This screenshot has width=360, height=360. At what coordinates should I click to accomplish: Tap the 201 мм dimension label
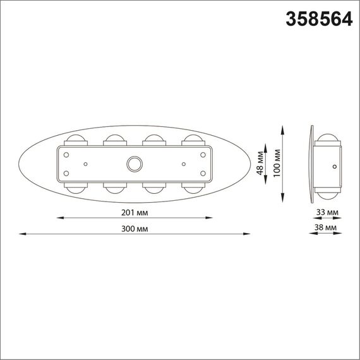coord(135,212)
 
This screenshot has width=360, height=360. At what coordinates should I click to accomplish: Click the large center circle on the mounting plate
coord(134,164)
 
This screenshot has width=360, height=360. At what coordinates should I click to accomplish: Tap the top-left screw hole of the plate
coord(66,153)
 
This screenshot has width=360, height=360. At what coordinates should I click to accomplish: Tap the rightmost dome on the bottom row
coord(192,188)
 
